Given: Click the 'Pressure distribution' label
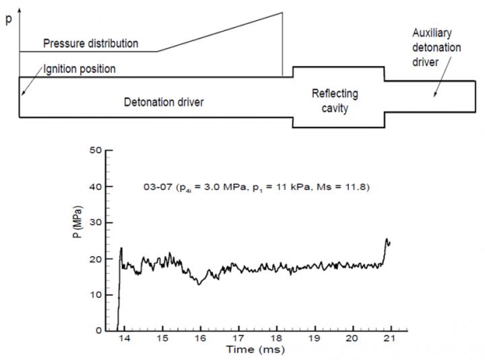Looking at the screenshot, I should [x=91, y=44].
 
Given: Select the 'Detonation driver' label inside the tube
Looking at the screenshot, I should [x=164, y=102].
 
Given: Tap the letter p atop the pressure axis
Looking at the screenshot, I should [x=8, y=20].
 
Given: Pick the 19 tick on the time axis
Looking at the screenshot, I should [x=314, y=338].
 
